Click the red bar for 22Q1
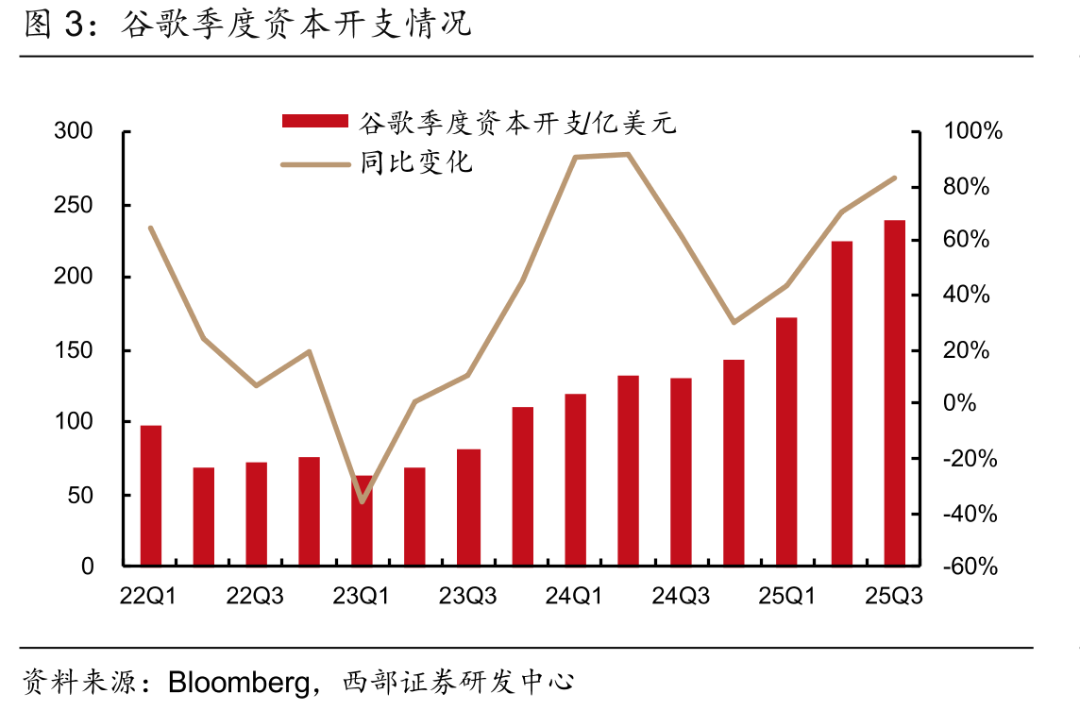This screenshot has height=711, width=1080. (151, 496)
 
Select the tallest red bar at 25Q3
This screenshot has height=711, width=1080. (895, 393)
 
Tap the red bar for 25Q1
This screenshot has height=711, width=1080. (786, 442)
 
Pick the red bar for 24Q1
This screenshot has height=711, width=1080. (575, 480)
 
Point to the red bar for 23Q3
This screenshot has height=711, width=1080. (468, 507)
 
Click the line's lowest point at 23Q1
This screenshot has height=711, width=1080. (363, 501)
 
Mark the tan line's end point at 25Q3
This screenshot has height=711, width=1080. (895, 178)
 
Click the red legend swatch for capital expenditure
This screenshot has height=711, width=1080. (314, 122)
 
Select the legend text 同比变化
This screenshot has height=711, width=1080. (416, 162)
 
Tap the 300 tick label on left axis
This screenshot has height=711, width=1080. (73, 131)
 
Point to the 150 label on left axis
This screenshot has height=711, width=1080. (73, 350)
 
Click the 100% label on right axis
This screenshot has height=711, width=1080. (972, 131)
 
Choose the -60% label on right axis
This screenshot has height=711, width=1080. (970, 567)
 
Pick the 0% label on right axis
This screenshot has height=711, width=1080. (959, 402)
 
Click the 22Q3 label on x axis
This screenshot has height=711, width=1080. (255, 596)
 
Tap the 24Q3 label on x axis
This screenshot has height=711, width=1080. (681, 596)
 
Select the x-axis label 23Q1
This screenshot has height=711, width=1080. (361, 596)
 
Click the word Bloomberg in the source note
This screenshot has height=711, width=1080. (239, 683)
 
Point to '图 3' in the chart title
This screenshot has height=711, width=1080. (54, 24)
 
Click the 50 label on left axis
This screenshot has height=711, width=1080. (80, 496)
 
